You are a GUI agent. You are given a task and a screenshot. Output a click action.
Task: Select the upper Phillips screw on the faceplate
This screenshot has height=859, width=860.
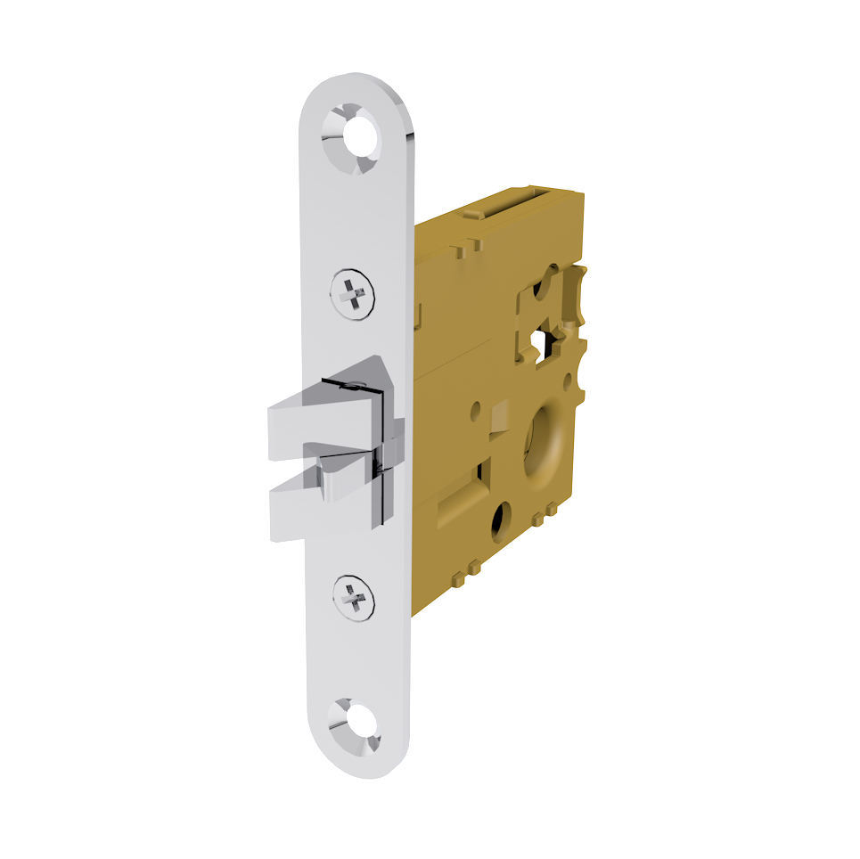coord(353,292)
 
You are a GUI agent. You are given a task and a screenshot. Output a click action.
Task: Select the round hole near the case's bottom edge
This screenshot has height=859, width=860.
coord(502,519)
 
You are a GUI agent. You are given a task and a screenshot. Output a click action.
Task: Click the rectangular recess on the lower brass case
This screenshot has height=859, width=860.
coord(463,503)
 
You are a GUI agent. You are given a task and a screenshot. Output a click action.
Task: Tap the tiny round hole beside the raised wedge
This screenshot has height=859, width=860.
coord(477,412)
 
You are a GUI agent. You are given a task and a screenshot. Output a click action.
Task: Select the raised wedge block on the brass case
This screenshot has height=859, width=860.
coord(498,415)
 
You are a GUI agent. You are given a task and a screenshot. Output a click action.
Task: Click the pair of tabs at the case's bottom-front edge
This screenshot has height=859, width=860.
coord(467,572)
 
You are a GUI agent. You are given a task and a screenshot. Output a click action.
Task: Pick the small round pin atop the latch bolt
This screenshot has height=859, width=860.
coord(356,386)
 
